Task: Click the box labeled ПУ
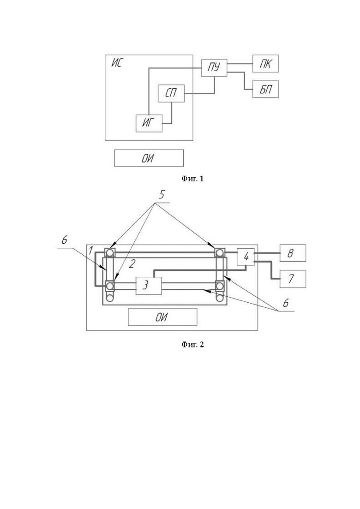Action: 214,68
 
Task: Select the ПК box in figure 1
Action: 265,63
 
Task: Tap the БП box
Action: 265,89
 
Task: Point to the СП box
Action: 171,94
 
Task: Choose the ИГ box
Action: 149,123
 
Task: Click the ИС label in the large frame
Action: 116,63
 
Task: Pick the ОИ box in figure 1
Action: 149,158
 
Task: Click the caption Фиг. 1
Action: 192,179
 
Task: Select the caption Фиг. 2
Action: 192,344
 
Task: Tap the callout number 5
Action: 162,195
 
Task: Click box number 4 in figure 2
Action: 246,257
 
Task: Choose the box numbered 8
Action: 293,253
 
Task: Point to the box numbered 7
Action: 293,279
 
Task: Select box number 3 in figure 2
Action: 149,286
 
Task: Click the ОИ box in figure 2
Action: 162,317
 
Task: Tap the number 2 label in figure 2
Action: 132,264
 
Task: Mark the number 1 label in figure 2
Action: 91,251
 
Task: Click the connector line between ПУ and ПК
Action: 240,64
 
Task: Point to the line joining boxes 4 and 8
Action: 267,253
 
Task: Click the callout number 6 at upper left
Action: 64,240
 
